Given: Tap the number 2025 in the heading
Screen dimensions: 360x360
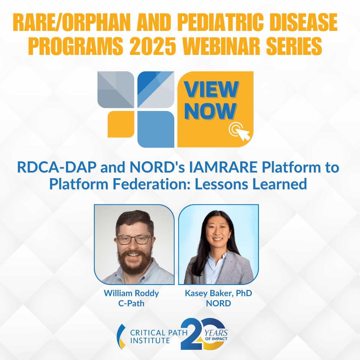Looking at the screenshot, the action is click(153, 46).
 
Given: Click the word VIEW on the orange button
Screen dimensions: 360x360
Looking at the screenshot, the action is click(211, 89).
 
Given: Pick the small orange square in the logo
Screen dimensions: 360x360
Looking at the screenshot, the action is click(121, 124).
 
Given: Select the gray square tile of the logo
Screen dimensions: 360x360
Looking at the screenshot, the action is click(115, 89).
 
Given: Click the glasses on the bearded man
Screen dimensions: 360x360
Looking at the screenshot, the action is click(134, 240).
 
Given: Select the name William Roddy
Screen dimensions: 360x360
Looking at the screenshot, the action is click(131, 293).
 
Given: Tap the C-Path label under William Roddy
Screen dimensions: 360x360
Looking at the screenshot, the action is click(131, 303).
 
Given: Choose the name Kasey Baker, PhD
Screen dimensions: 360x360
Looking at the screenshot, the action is click(218, 293).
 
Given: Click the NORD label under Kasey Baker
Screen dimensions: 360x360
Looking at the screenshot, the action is click(218, 303).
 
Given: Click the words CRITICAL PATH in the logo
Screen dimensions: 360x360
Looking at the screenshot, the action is click(159, 333).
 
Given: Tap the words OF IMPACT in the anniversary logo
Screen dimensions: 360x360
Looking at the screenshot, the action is click(216, 339).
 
